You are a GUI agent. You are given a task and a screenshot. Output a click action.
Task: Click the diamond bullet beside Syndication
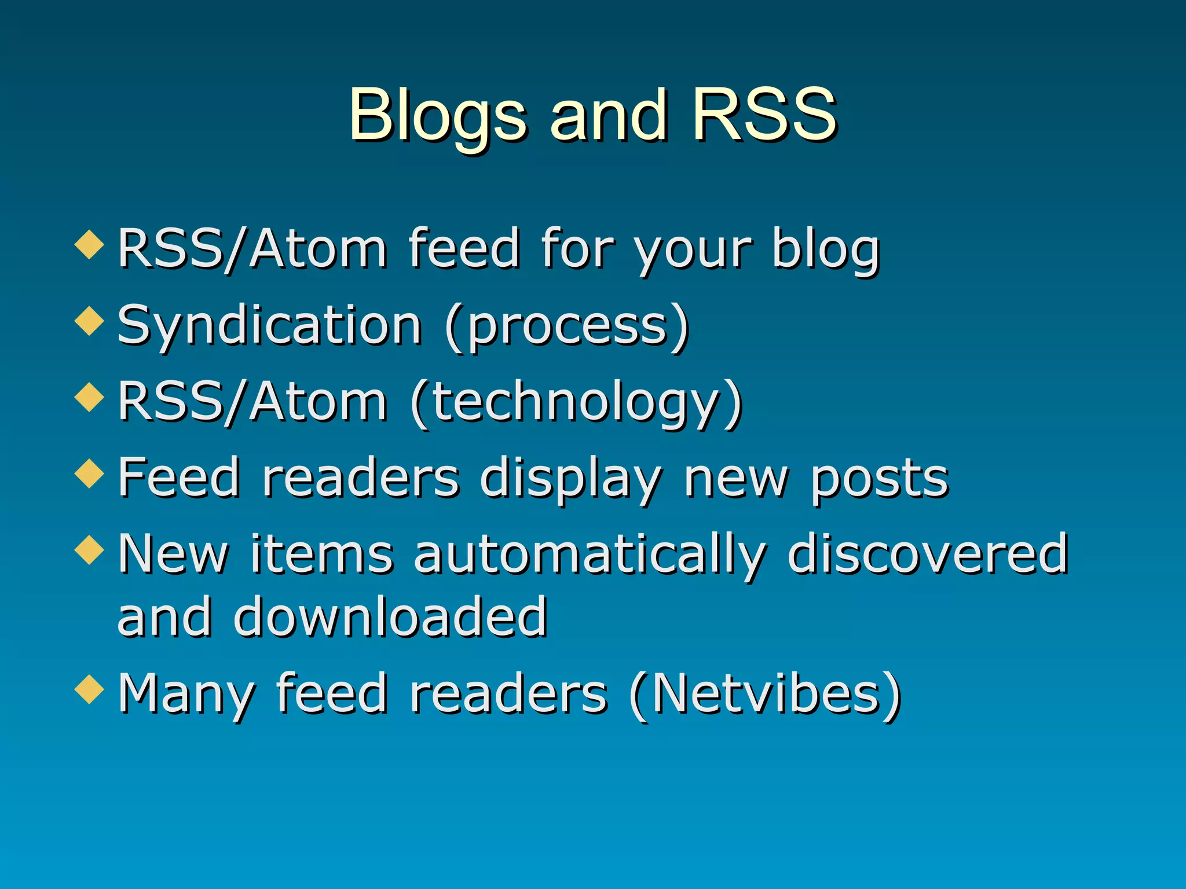tap(90, 321)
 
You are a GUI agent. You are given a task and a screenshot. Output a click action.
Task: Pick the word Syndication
tap(269, 326)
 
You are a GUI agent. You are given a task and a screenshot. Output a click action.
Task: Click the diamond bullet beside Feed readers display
tap(90, 473)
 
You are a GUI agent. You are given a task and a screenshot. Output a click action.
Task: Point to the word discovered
tap(927, 554)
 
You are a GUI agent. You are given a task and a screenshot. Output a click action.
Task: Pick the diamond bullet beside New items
tap(90, 549)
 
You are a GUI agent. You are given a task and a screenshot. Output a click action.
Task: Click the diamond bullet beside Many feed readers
tap(90, 689)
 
